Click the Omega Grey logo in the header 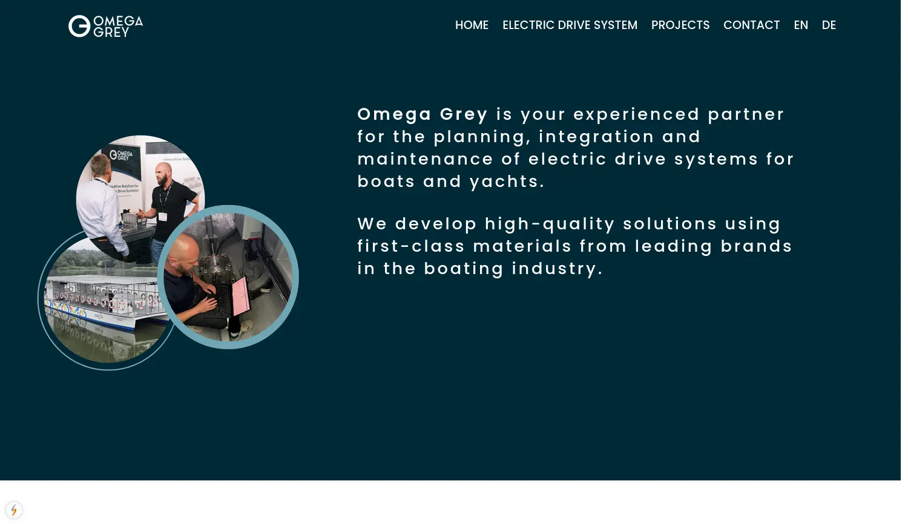tap(106, 26)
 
